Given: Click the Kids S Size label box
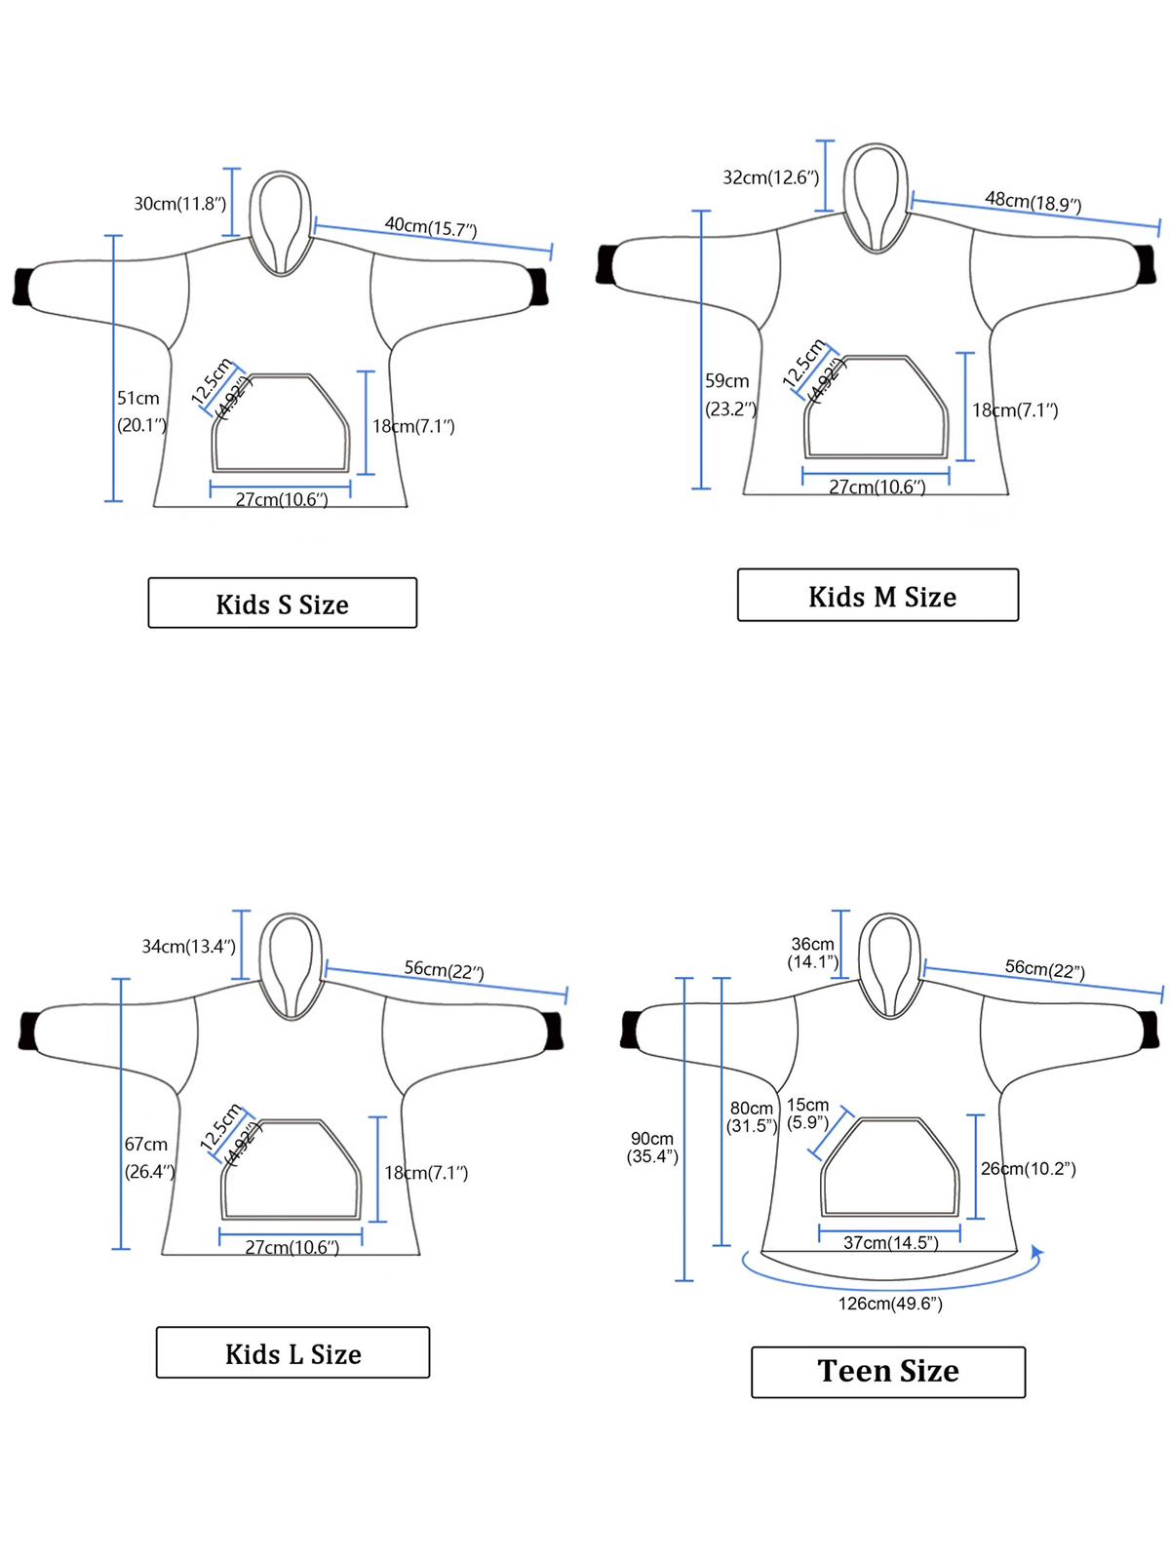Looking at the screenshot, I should (x=282, y=604).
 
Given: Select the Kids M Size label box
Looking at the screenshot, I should (x=877, y=596).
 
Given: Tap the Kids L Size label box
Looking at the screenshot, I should (x=292, y=1353).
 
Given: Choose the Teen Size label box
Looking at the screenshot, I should (x=888, y=1372).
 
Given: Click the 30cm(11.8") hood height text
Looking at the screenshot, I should (x=179, y=204).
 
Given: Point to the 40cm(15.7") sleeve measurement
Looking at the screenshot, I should (x=430, y=227).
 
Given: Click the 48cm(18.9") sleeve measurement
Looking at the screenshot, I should (x=1033, y=202).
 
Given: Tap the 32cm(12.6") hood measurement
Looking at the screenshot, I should (x=770, y=177).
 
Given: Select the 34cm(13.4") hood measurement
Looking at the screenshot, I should (x=188, y=947).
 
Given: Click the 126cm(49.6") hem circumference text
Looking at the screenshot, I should (x=890, y=1304).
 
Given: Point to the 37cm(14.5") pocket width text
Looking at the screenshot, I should (x=890, y=1242).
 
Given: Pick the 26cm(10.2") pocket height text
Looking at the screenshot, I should (x=1029, y=1168).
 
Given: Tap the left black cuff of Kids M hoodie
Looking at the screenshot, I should (x=608, y=264).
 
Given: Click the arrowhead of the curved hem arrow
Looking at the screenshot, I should (x=1037, y=1252).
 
